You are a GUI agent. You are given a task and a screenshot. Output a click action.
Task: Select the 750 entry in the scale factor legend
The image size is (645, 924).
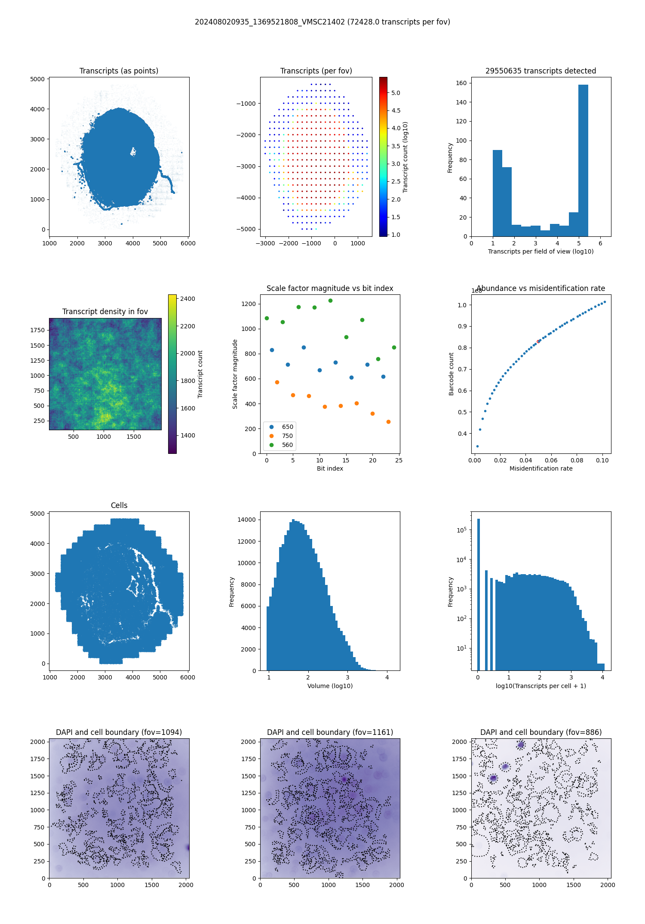coord(287,436)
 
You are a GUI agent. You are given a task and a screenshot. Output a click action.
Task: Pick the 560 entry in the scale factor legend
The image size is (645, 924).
coord(287,445)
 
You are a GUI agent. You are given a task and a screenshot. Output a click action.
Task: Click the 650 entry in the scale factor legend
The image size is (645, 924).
coord(287,427)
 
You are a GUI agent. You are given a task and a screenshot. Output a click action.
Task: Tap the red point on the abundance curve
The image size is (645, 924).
coord(538,342)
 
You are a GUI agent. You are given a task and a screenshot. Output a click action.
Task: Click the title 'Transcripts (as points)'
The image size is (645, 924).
coord(119,71)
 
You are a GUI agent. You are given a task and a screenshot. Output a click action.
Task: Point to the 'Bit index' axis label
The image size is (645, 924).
coord(330,468)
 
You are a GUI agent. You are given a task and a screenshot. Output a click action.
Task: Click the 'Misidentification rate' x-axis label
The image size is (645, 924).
coord(541,468)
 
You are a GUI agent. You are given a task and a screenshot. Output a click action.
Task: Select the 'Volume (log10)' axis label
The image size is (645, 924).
coord(330,686)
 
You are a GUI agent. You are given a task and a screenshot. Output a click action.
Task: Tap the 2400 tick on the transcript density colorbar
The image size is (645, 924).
coord(187,299)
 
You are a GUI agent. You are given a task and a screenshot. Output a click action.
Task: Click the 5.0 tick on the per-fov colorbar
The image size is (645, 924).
coord(396,93)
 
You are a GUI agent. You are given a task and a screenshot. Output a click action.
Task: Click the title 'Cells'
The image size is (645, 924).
coord(119,505)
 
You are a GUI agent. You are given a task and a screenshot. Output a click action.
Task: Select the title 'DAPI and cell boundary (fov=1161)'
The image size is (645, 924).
coord(330,732)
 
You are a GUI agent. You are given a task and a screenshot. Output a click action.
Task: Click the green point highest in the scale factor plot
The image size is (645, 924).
coord(330,300)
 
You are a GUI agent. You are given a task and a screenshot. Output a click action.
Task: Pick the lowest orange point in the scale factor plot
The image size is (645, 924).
coord(388,422)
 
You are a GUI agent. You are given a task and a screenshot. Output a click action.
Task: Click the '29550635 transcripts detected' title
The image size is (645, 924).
coord(541,71)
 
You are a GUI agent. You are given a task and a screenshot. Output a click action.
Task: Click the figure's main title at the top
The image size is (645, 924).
coord(322,22)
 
